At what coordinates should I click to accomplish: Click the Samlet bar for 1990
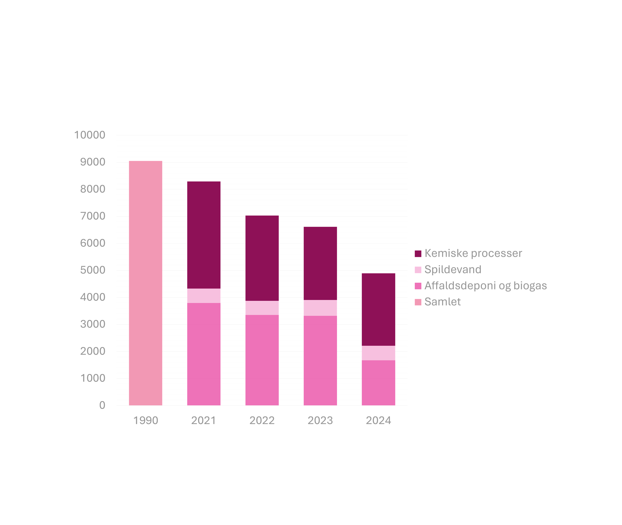(145, 283)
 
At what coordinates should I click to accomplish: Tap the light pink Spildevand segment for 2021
(204, 296)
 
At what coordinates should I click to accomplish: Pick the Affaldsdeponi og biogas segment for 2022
(262, 360)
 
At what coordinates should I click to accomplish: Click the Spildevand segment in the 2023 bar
(320, 308)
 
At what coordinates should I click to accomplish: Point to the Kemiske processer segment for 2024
(379, 309)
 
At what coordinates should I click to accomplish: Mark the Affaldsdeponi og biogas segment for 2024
(379, 383)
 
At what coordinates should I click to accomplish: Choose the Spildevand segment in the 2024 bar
(379, 353)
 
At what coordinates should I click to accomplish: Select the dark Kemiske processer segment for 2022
(262, 258)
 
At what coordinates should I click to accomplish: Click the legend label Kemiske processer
(473, 253)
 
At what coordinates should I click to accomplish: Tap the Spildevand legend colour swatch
(418, 270)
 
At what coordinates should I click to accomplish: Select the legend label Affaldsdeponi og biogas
(485, 286)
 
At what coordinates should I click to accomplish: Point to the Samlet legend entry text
(443, 302)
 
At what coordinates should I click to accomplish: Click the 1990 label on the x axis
(145, 420)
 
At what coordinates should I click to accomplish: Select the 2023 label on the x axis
(320, 420)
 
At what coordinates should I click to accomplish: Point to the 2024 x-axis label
(379, 420)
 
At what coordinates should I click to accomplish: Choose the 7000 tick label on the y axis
(93, 216)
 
